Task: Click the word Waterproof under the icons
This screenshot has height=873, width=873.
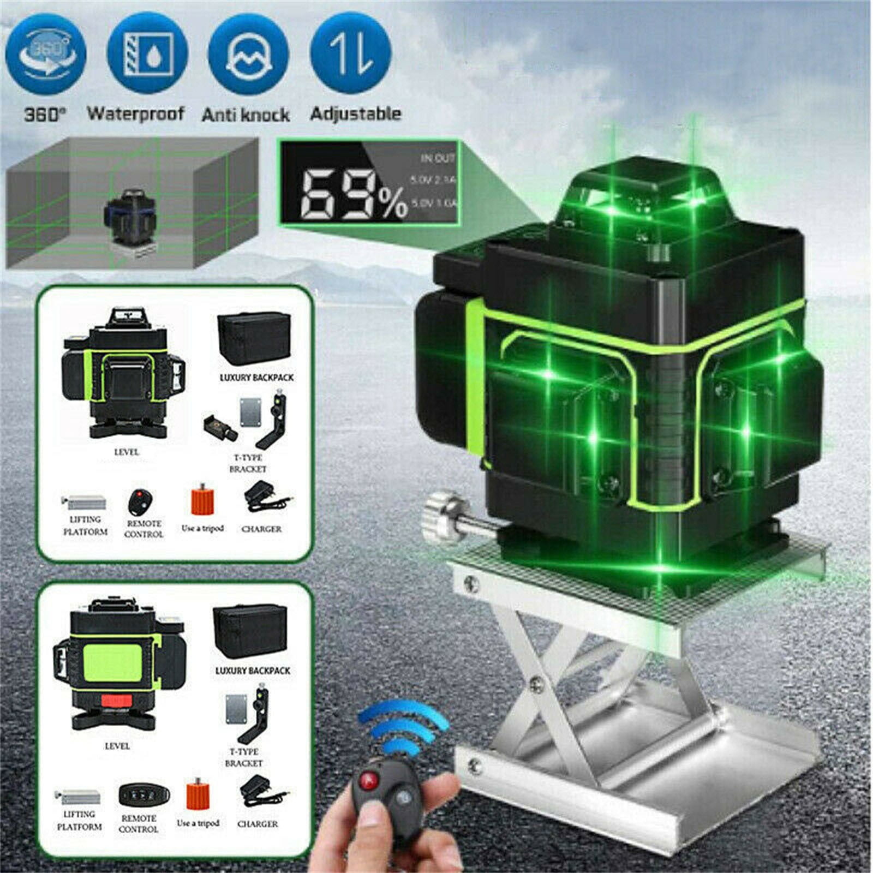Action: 135,113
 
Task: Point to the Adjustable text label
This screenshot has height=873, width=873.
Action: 355,113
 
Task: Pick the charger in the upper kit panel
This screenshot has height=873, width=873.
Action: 264,498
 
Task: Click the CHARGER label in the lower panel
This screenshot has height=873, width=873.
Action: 258,824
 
